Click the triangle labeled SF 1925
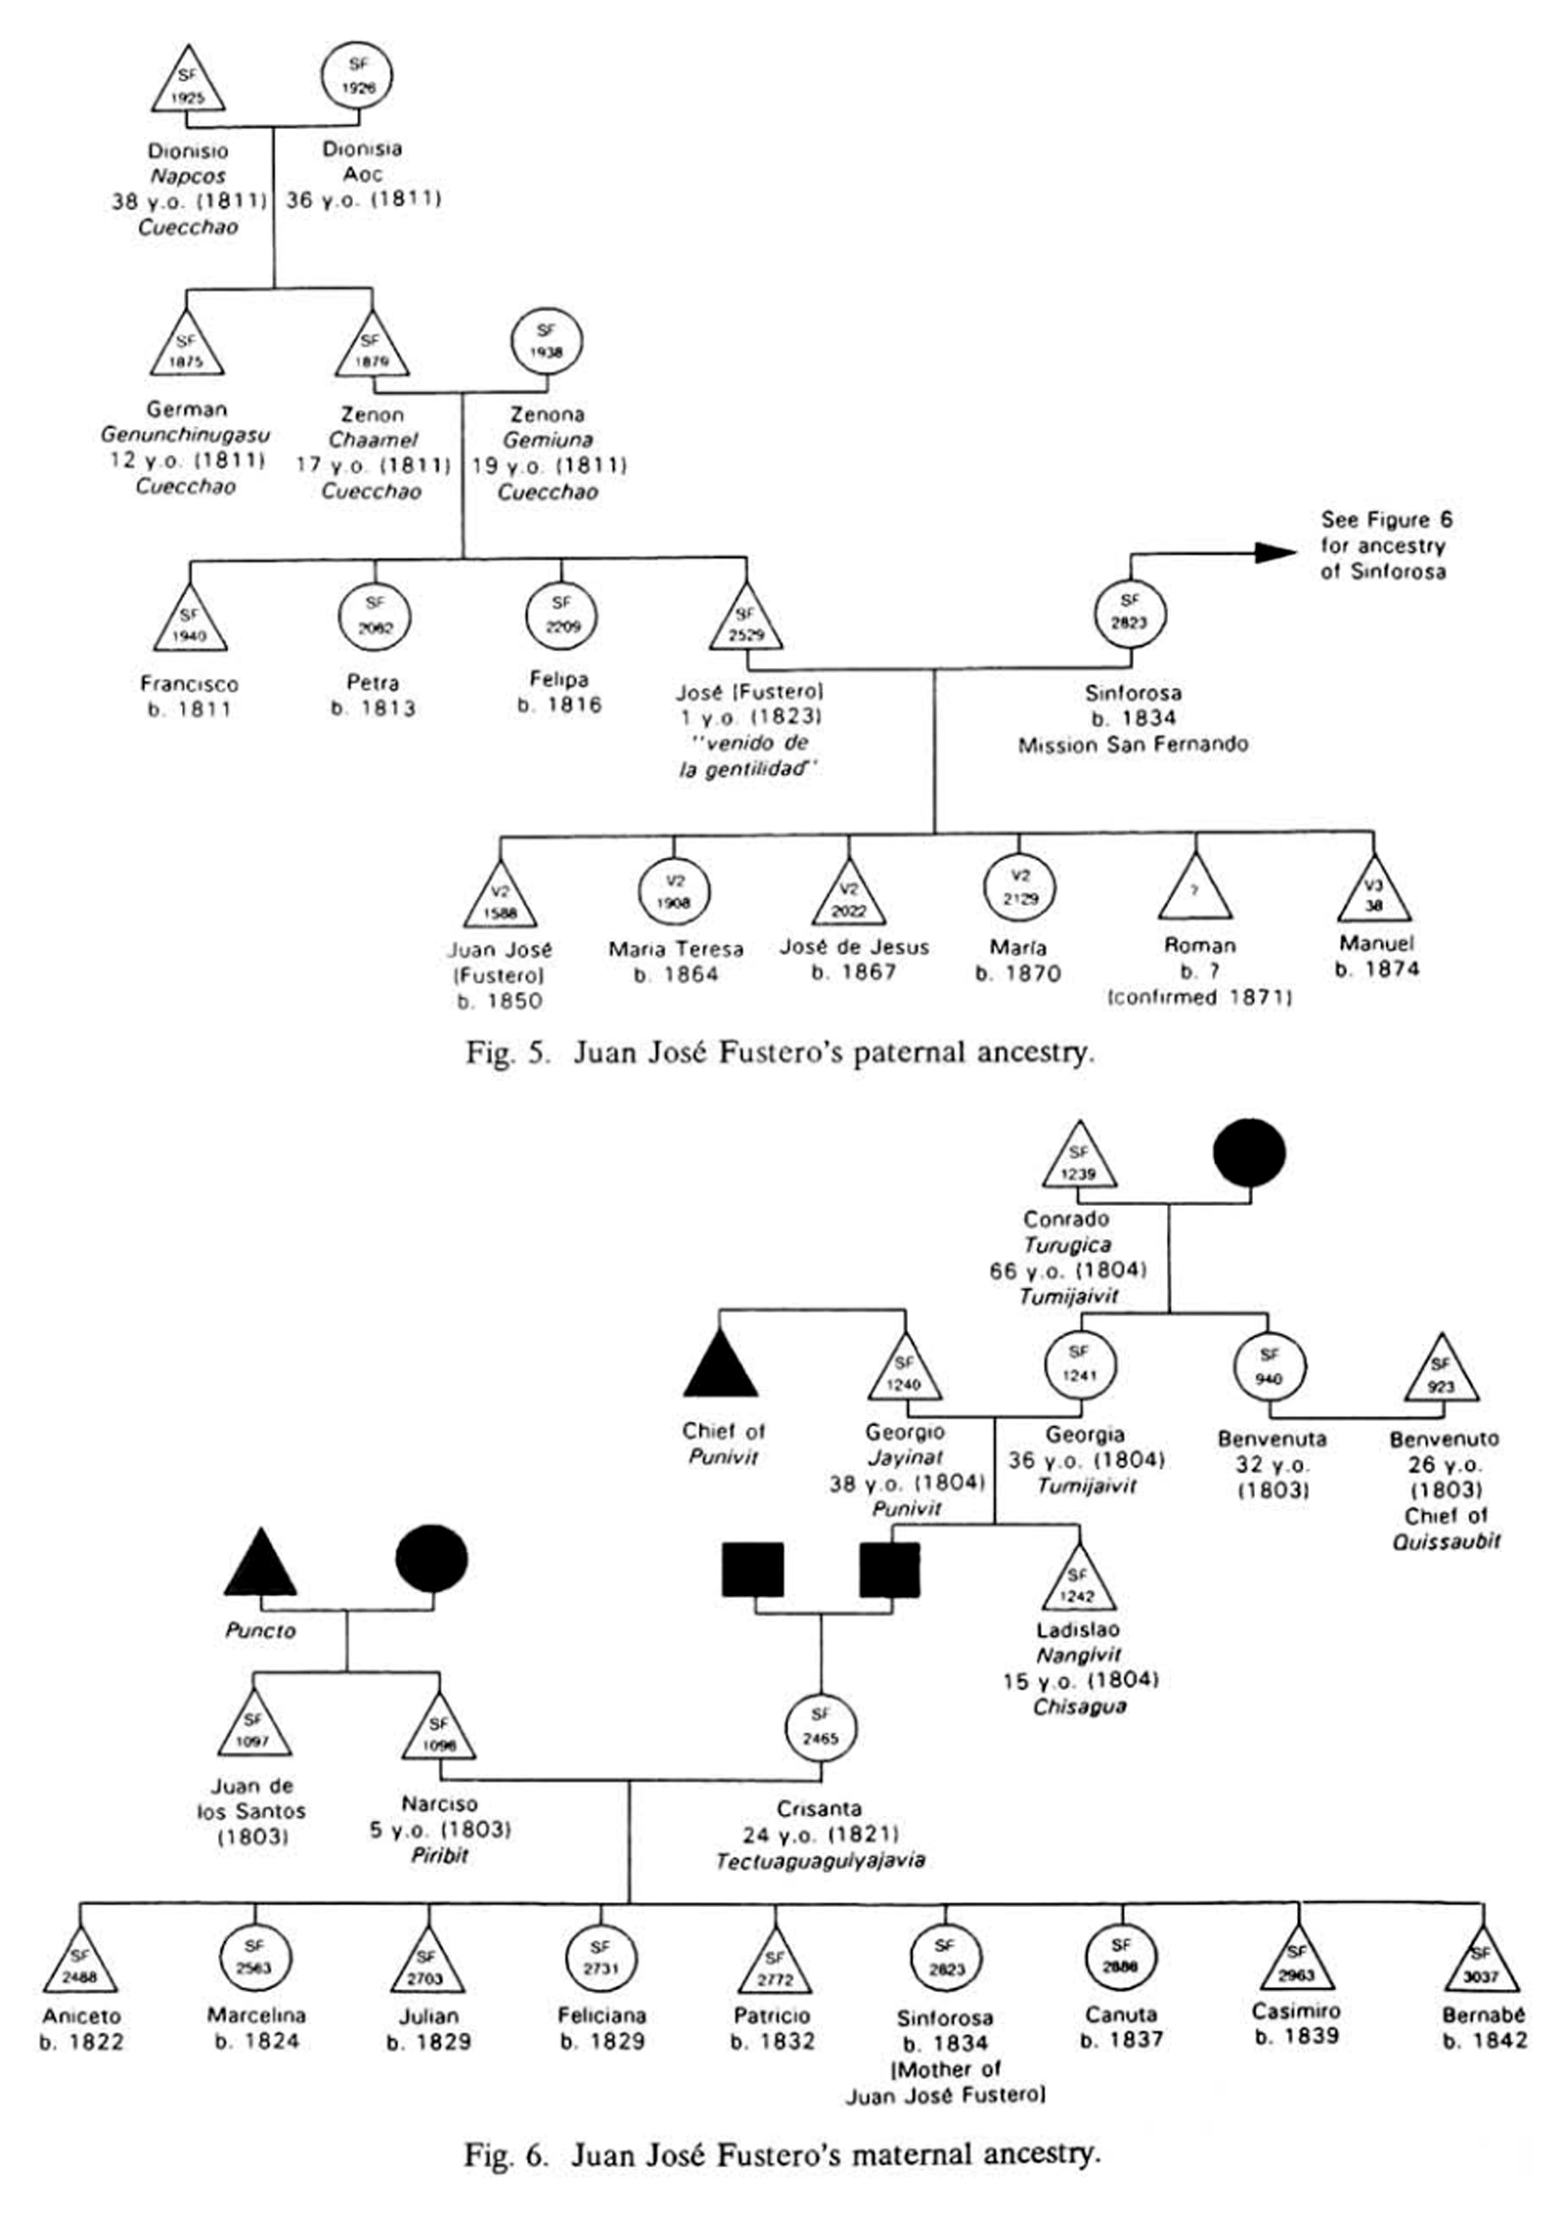(x=188, y=83)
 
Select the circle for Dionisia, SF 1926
(x=357, y=76)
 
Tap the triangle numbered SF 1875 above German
(x=186, y=348)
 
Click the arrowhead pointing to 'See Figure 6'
(x=1275, y=553)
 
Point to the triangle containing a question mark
(x=1194, y=891)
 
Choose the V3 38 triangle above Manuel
(x=1373, y=893)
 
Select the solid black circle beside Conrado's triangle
(x=1249, y=1153)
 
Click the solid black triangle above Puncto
(x=260, y=1567)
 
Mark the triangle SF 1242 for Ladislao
(x=1078, y=1582)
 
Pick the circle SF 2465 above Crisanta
(x=821, y=1728)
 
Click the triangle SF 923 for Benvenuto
(x=1441, y=1373)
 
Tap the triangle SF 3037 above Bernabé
(x=1482, y=1966)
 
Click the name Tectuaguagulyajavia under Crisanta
(x=820, y=1860)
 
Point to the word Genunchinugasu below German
(x=185, y=435)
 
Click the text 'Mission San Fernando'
(x=1133, y=745)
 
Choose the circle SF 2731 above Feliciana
(x=601, y=1960)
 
